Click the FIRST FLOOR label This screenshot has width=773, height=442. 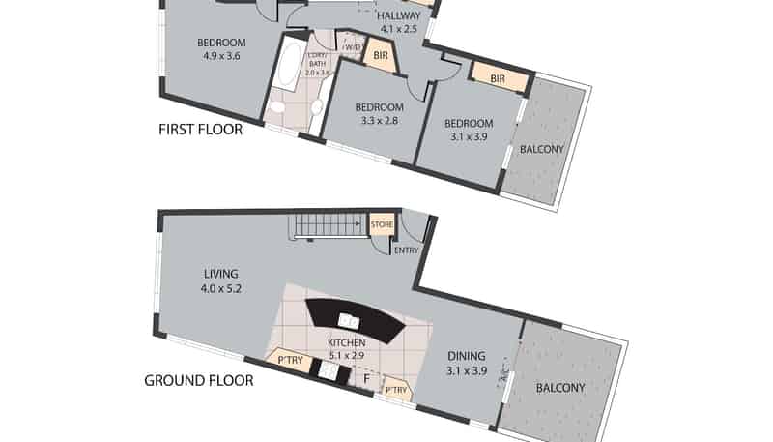(x=201, y=128)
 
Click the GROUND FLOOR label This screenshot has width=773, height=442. (x=199, y=380)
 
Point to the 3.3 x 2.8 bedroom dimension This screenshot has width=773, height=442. (x=378, y=121)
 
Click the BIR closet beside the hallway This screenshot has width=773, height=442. (x=381, y=56)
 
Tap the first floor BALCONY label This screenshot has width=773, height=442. (x=542, y=149)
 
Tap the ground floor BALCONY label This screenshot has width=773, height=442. (x=560, y=388)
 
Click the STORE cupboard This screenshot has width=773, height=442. (x=382, y=224)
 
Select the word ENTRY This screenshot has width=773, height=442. (x=407, y=250)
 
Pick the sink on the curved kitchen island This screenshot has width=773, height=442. (x=346, y=321)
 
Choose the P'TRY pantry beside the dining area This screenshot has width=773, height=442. (x=397, y=390)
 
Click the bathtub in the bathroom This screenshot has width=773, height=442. (x=288, y=68)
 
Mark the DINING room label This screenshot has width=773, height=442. (x=466, y=356)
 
